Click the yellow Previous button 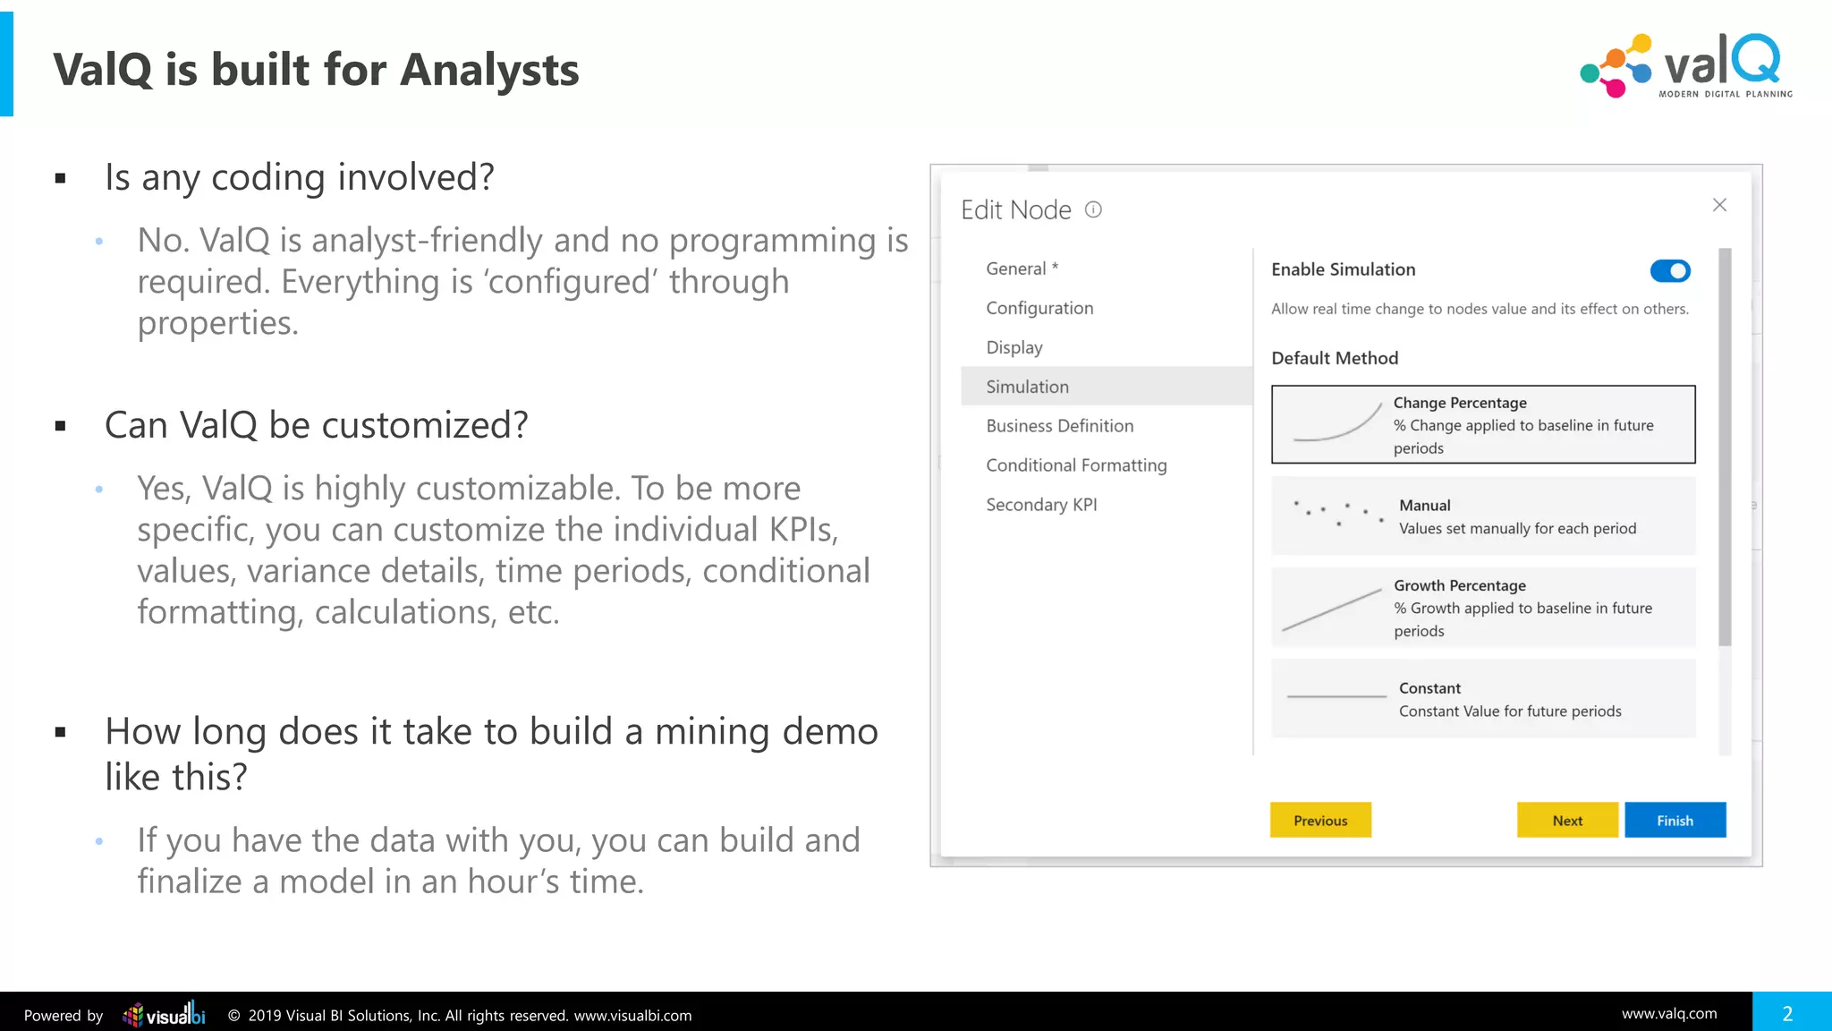(x=1320, y=820)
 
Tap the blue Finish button (x=1675, y=820)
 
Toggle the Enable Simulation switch (x=1670, y=270)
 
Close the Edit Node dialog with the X (x=1719, y=205)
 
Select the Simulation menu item (x=1027, y=387)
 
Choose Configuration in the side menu (x=1039, y=308)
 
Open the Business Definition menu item (x=1059, y=426)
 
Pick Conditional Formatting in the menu (x=1076, y=465)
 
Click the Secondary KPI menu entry (x=1041, y=505)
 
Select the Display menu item (x=1014, y=347)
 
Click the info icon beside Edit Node (x=1093, y=209)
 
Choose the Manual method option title (x=1424, y=506)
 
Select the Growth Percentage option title (x=1459, y=585)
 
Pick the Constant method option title (x=1429, y=688)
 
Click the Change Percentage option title (x=1460, y=403)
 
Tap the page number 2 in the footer (x=1787, y=1013)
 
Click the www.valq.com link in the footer (x=1669, y=1013)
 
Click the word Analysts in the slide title (x=489, y=70)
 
